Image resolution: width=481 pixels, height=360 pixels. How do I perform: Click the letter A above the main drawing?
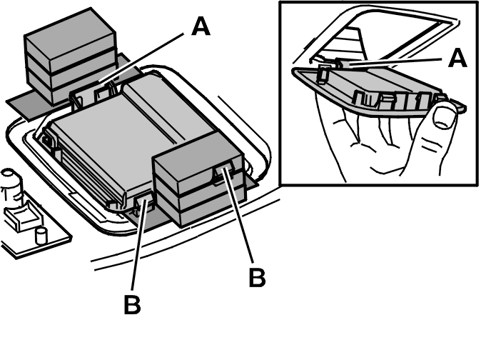pyautogui.click(x=201, y=26)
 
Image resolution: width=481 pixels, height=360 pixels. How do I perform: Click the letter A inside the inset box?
pyautogui.click(x=457, y=59)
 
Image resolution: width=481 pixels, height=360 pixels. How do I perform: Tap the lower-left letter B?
pyautogui.click(x=132, y=304)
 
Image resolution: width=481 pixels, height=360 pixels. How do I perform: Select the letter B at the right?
pyautogui.click(x=257, y=277)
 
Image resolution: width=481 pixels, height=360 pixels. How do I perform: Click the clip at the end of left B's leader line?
pyautogui.click(x=144, y=203)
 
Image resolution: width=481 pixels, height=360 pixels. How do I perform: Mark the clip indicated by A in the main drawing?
pyautogui.click(x=104, y=92)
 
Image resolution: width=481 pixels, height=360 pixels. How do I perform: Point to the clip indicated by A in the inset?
pyautogui.click(x=342, y=63)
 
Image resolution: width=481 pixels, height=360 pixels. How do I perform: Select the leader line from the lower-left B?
pyautogui.click(x=140, y=244)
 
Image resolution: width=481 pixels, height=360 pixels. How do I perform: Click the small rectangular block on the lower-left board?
pyautogui.click(x=22, y=217)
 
